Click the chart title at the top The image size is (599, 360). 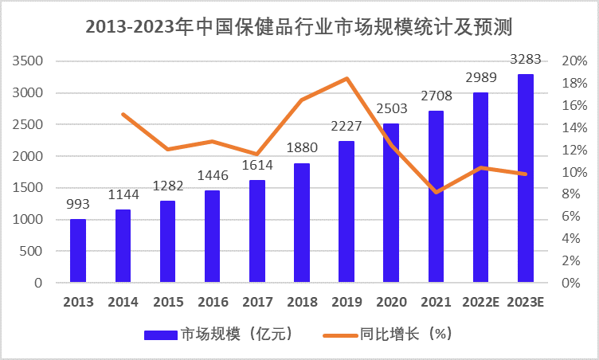pos(299,26)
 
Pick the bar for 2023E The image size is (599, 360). pos(526,178)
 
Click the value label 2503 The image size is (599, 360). pos(391,110)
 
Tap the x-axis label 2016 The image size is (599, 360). pos(213,303)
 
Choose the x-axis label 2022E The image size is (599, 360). pos(480,303)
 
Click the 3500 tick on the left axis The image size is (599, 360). pos(28,61)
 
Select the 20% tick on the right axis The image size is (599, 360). pos(574,61)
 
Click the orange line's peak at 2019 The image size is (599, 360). pos(346,78)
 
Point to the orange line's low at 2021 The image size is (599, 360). pos(436,192)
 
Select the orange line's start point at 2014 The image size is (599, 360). pos(123,114)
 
